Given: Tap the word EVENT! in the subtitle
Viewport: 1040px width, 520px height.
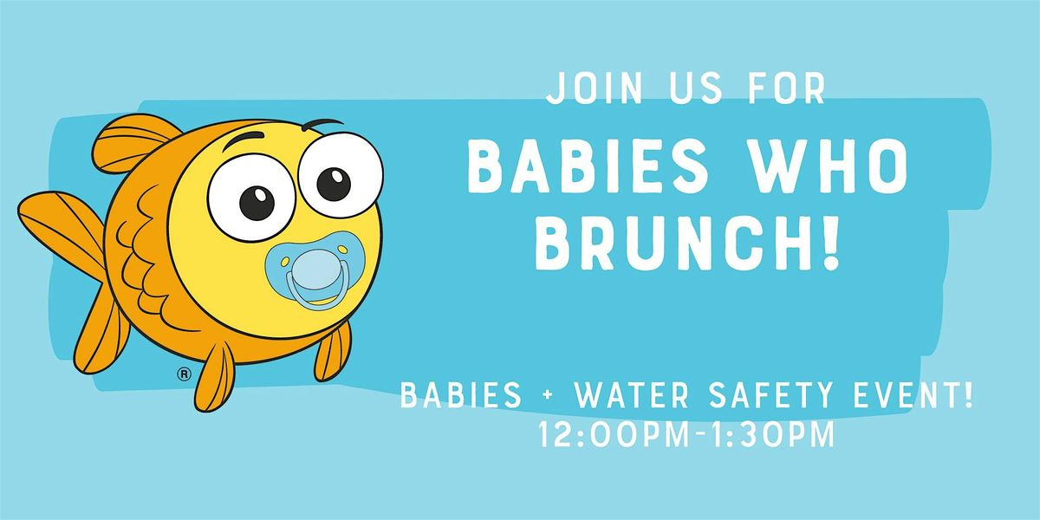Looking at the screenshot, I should coord(915,400).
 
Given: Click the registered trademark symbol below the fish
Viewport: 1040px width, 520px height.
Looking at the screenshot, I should coord(183,374).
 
